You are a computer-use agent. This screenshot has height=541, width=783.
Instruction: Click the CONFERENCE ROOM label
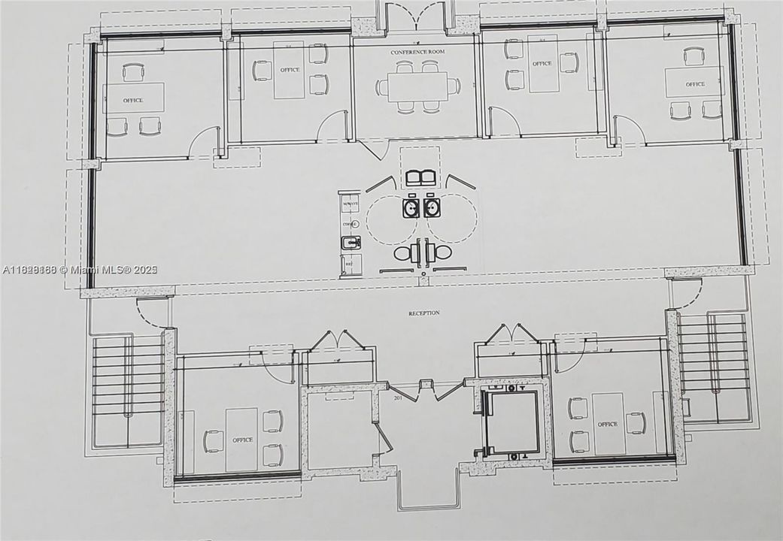(x=414, y=52)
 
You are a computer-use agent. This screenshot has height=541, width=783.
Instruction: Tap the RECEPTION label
(x=424, y=313)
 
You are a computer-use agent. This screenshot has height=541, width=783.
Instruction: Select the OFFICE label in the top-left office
(x=133, y=100)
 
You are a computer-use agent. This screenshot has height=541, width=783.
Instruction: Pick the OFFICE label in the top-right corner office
(x=695, y=84)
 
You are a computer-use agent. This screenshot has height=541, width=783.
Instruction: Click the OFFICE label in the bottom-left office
(x=242, y=440)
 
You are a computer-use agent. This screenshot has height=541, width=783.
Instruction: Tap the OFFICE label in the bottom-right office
(x=607, y=424)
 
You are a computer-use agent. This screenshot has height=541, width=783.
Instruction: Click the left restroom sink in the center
(x=411, y=207)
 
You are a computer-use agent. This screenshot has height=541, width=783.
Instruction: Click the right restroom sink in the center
(x=431, y=207)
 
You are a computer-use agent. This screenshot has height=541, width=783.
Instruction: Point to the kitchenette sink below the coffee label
(x=350, y=242)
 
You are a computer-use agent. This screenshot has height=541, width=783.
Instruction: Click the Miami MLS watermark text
(x=79, y=270)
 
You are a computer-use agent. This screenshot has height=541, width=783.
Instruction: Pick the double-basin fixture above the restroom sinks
(x=420, y=178)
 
